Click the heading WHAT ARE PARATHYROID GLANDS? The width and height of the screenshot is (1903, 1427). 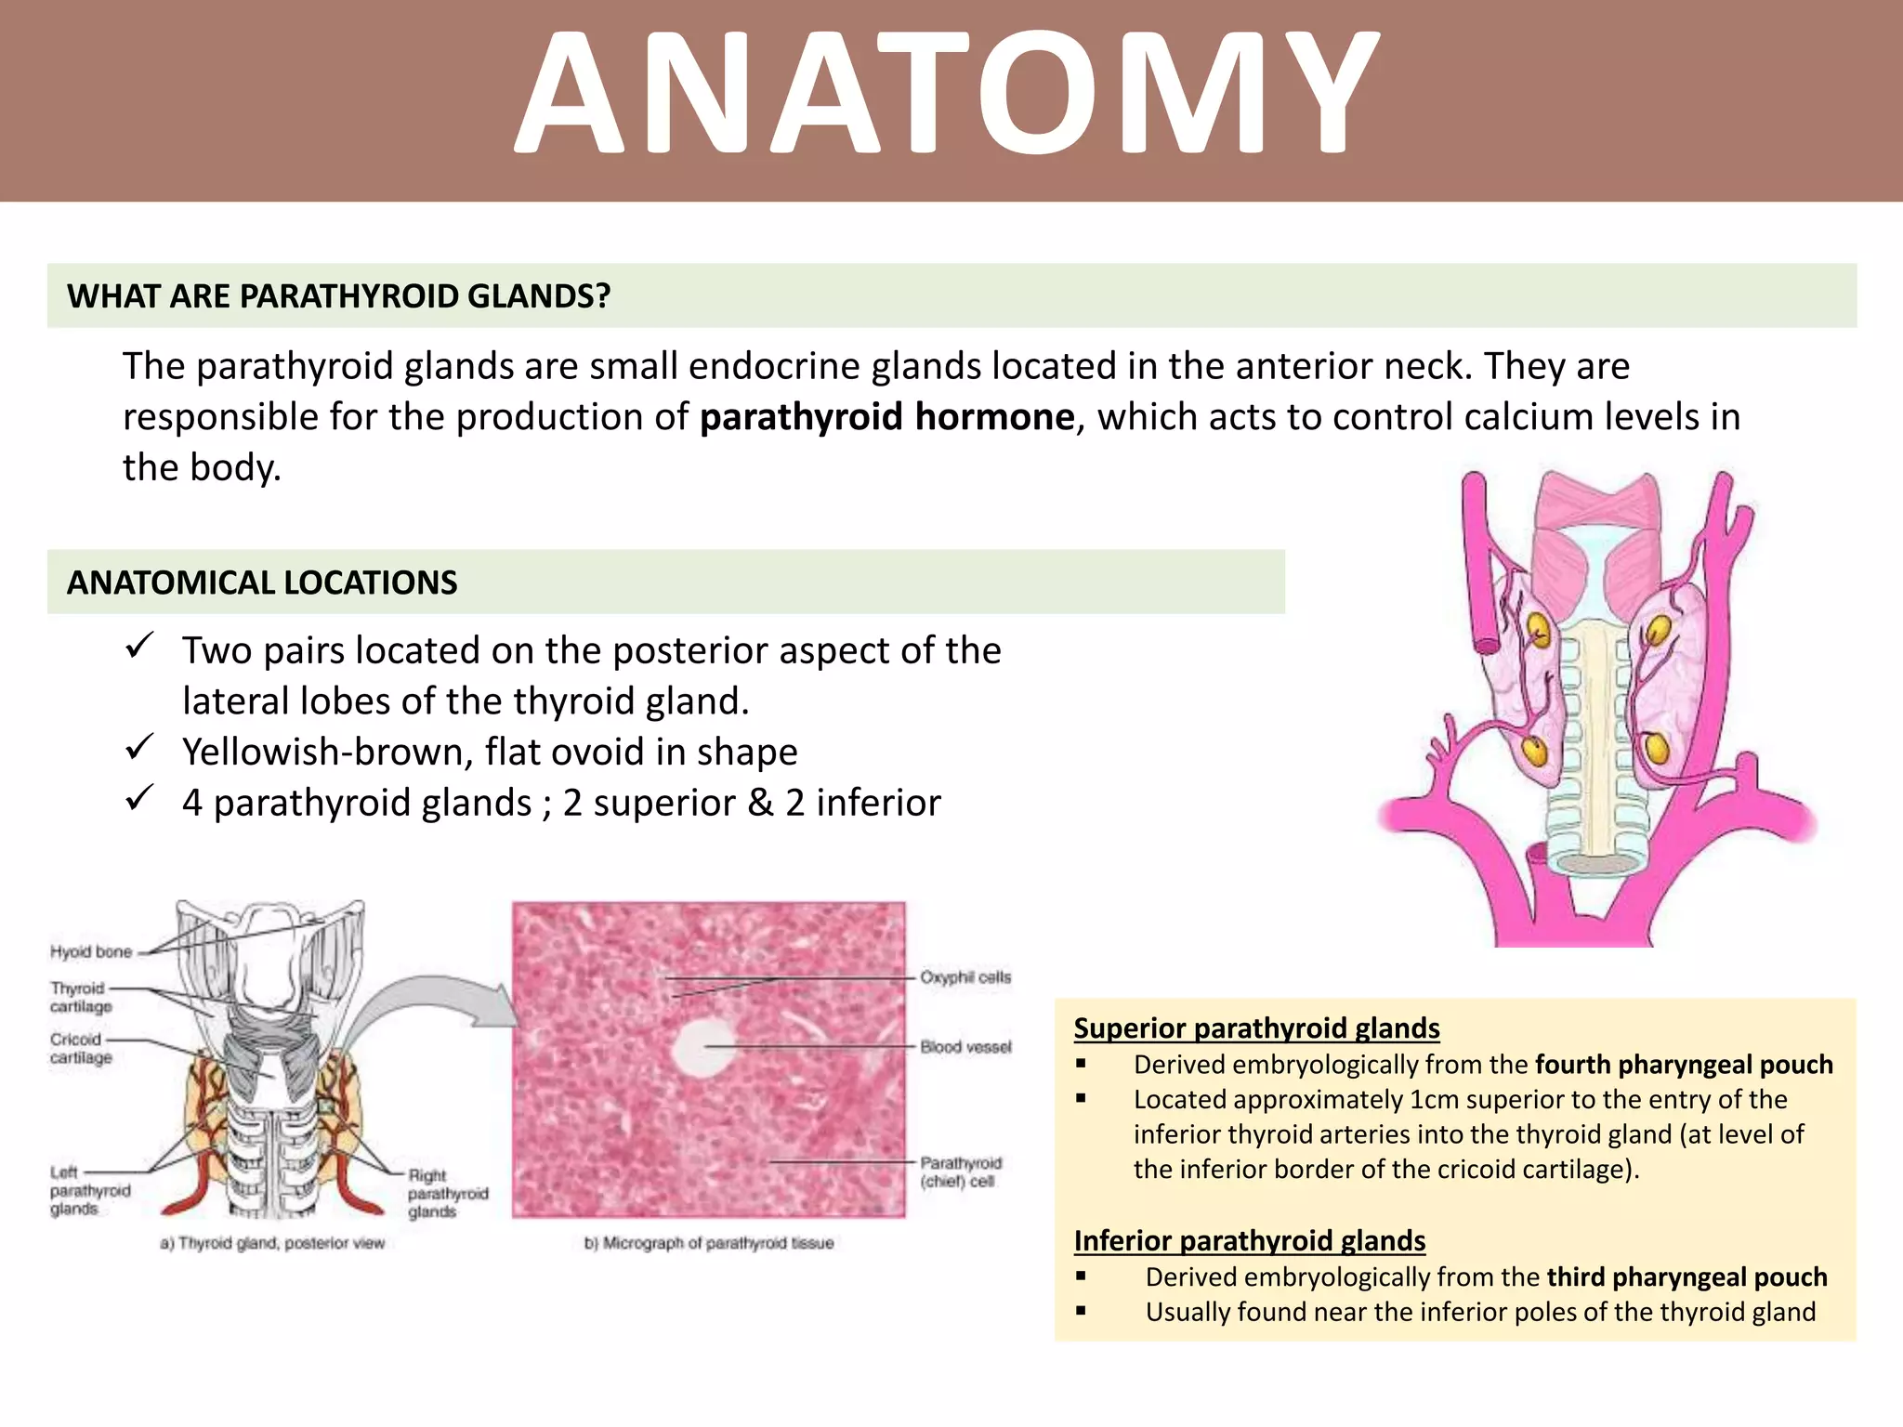click(x=338, y=296)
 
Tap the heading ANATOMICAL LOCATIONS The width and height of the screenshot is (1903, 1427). click(x=262, y=583)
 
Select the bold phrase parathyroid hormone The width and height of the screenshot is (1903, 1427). click(x=886, y=417)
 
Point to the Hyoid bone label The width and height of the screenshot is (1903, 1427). click(x=91, y=951)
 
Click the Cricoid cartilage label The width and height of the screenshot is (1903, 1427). click(x=81, y=1048)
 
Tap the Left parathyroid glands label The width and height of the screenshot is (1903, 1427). click(x=89, y=1190)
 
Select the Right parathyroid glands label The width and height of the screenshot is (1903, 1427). click(x=447, y=1193)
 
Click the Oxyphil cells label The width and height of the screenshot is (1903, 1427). click(x=965, y=977)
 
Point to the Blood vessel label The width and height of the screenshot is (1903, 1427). click(x=965, y=1047)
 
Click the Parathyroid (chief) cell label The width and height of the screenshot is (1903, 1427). click(x=960, y=1172)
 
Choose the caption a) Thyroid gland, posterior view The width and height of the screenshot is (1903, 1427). click(x=272, y=1243)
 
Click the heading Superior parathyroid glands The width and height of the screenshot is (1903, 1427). click(x=1256, y=1028)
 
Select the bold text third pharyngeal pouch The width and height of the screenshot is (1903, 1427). click(x=1686, y=1277)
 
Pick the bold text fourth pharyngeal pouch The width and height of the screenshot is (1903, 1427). click(x=1683, y=1065)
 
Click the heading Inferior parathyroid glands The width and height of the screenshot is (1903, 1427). click(x=1249, y=1241)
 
